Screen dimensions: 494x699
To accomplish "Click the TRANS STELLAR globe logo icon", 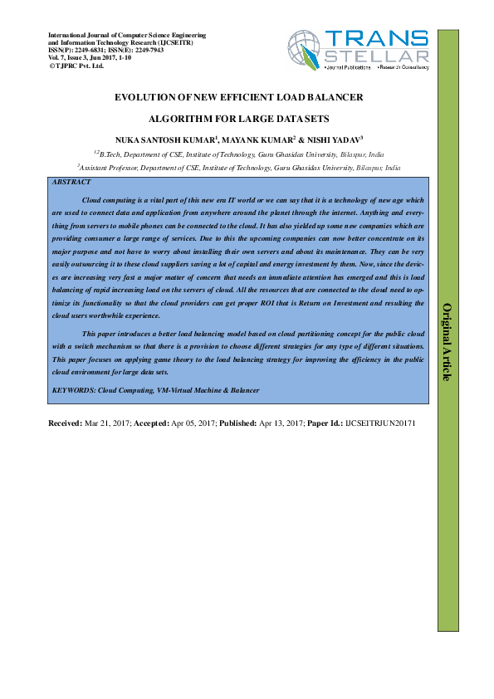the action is click(305, 51).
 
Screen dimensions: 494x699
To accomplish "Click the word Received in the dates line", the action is click(66, 423).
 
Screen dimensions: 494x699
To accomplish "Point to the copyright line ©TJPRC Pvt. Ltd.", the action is click(76, 65).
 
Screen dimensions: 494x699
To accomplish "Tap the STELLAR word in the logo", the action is click(377, 56).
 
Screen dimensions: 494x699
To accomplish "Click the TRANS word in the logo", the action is click(376, 38).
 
